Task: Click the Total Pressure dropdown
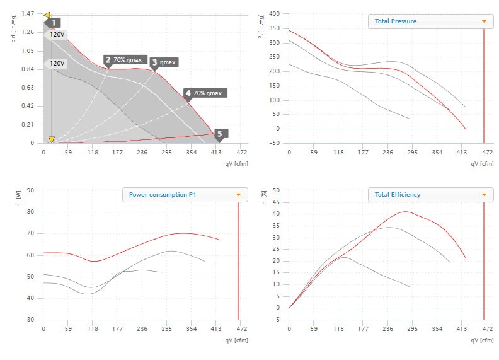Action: [428, 21]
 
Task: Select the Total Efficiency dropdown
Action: [428, 194]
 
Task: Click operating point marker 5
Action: [219, 133]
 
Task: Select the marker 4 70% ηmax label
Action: [205, 93]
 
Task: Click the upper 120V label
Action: [58, 35]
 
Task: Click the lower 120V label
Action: [58, 64]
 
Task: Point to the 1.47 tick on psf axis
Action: [27, 14]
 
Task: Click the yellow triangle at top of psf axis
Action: [47, 14]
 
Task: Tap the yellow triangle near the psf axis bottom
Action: [52, 139]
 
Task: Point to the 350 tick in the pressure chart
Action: [275, 28]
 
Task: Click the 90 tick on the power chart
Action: [30, 190]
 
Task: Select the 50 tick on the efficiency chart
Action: [276, 190]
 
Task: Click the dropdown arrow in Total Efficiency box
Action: [483, 194]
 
